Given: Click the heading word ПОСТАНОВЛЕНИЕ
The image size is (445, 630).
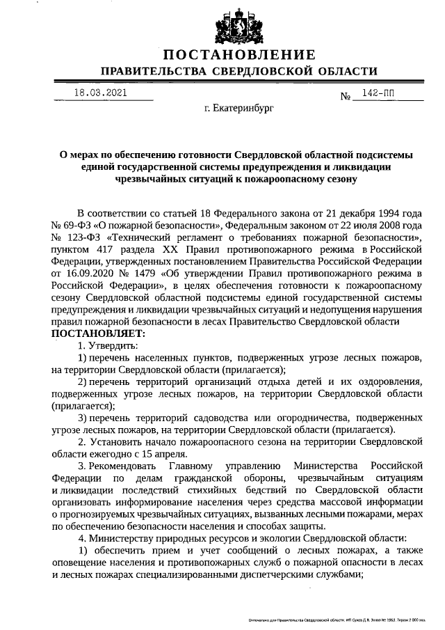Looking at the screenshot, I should coord(239,55).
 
